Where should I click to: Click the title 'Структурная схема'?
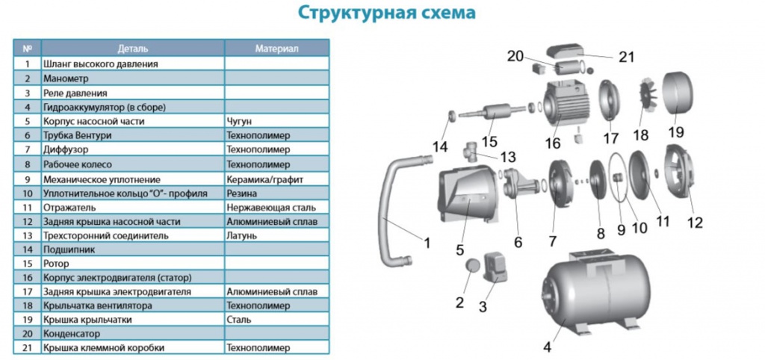coord(386,13)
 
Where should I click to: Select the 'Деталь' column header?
coord(133,49)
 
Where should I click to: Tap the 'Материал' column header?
coord(276,49)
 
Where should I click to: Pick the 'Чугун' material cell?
coord(239,121)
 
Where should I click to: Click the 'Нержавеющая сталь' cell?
coord(270,208)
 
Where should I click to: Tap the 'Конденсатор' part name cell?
coord(71,334)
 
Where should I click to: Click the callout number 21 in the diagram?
coord(627,57)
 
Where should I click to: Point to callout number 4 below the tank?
coord(547,348)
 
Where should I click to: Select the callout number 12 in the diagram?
coord(695,223)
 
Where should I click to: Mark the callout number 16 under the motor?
coord(553,143)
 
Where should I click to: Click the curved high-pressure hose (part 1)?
coord(396,210)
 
